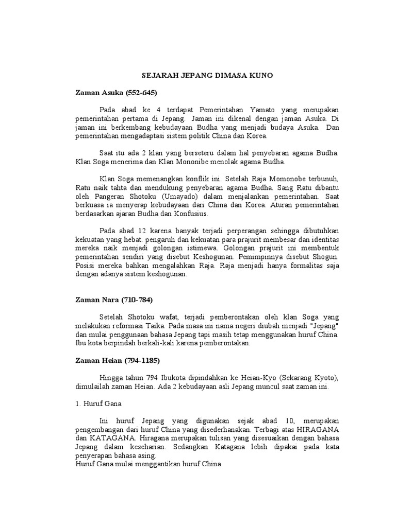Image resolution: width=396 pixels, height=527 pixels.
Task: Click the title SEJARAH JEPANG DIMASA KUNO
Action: coord(207,76)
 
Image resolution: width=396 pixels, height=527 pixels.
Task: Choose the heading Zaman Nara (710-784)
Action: coord(114,300)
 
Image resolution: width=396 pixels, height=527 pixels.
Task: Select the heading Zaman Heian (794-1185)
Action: coord(117,361)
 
